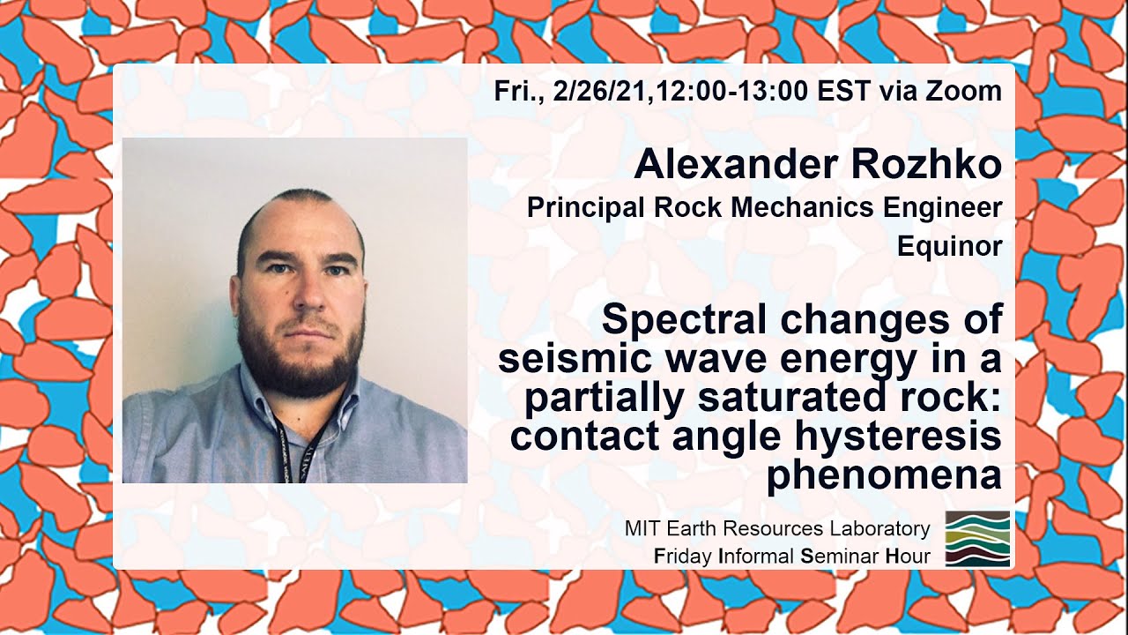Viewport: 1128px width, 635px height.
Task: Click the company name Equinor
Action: tap(949, 246)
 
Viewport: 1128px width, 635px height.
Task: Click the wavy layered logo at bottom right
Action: tap(977, 538)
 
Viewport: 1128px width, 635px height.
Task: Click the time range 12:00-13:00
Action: tap(754, 90)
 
